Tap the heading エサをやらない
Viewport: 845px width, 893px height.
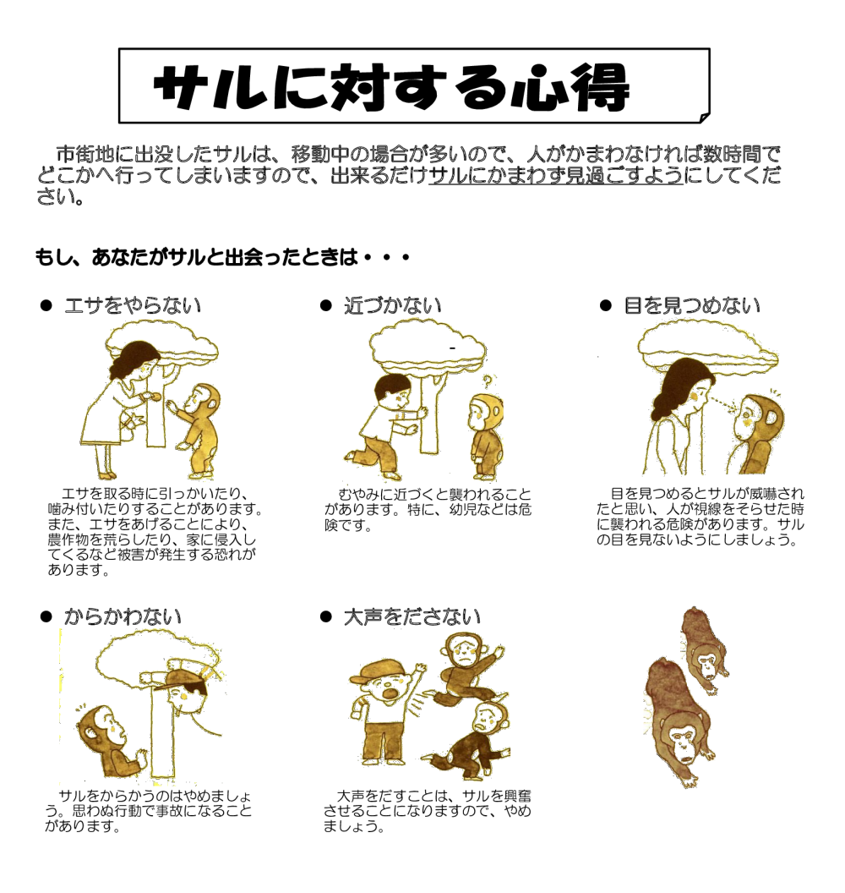(133, 305)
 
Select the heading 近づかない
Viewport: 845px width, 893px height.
(392, 305)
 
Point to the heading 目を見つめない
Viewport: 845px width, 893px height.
(691, 305)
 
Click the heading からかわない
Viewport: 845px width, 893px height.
(123, 616)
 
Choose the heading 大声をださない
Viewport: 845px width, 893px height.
(412, 616)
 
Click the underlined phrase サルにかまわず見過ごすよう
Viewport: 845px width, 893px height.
(555, 178)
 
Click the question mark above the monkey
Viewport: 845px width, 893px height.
(486, 381)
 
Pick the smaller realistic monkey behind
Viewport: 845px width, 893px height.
(701, 647)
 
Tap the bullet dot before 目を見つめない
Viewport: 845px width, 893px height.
(605, 305)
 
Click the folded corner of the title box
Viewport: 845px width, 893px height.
(703, 117)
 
